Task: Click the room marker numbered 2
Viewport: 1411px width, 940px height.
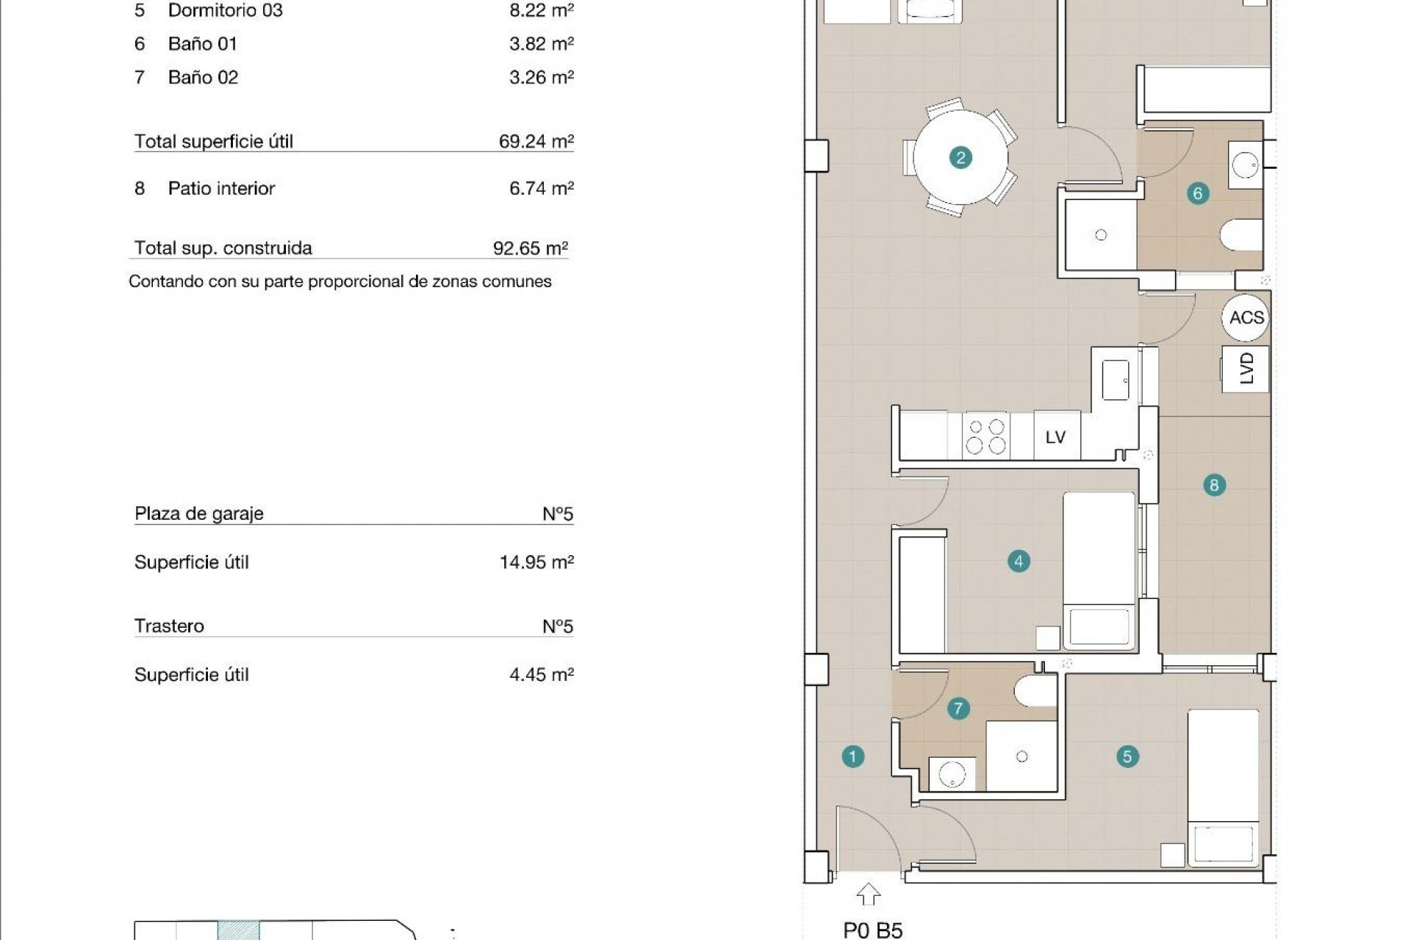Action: [x=960, y=157]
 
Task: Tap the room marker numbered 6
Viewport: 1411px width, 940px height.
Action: [x=1198, y=193]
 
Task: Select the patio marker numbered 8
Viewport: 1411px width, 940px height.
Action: [x=1213, y=485]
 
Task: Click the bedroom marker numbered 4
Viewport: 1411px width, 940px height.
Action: [x=1019, y=562]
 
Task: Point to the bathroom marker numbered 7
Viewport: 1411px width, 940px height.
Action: [x=958, y=709]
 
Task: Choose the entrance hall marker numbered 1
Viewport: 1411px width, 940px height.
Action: [x=852, y=756]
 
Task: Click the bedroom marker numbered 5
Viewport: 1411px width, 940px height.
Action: [x=1127, y=756]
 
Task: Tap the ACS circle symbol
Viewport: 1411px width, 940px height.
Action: [x=1246, y=317]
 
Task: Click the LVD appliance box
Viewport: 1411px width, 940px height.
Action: [x=1246, y=368]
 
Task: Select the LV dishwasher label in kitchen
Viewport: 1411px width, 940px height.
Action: [x=1055, y=437]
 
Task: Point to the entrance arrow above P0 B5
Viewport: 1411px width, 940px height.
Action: [x=869, y=894]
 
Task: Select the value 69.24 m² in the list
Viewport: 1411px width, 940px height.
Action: [x=536, y=141]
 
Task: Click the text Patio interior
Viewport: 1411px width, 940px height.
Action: [x=221, y=188]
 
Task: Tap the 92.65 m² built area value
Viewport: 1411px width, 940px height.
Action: [x=530, y=248]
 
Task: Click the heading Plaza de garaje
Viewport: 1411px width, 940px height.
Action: [x=198, y=513]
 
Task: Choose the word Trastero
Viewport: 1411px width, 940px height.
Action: [x=169, y=626]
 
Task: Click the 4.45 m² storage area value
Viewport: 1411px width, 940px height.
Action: [x=541, y=674]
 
